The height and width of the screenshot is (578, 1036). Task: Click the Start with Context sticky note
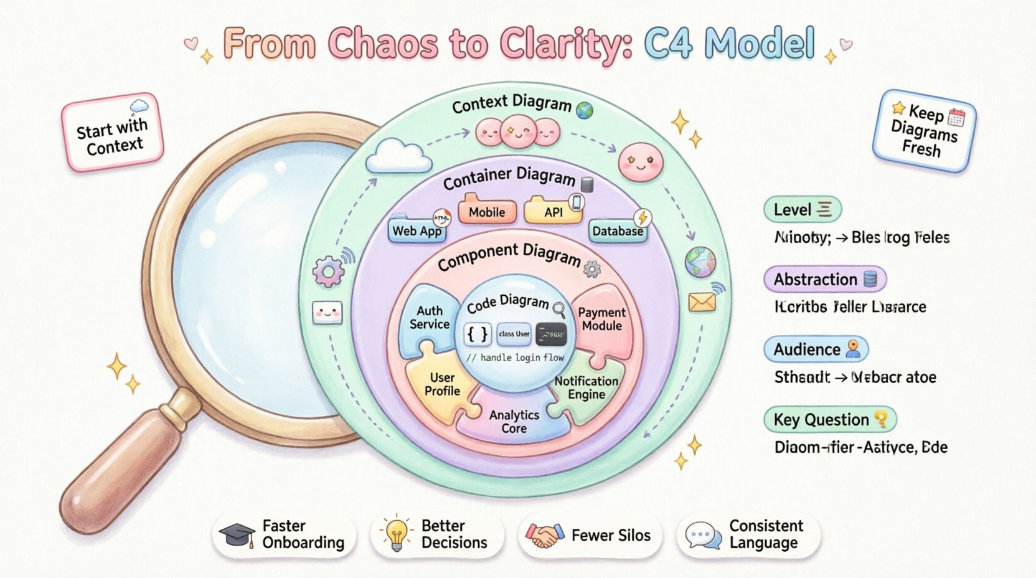(x=113, y=133)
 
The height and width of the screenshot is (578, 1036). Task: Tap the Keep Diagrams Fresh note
(x=924, y=131)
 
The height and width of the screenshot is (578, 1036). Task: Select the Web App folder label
(x=417, y=231)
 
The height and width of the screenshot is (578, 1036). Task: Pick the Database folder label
(x=617, y=231)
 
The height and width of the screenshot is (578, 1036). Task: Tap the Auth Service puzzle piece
(x=429, y=318)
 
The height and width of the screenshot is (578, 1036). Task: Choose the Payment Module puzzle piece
(x=601, y=320)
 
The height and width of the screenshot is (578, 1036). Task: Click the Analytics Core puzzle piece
(x=514, y=422)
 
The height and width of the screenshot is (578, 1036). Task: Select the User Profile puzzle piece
(x=441, y=384)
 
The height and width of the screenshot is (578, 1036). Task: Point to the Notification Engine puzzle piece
(x=586, y=388)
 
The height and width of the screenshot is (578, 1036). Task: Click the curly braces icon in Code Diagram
(x=478, y=334)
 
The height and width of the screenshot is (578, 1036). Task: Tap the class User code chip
(x=514, y=334)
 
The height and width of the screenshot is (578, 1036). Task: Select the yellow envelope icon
(x=702, y=303)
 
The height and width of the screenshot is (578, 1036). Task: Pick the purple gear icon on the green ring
(x=328, y=271)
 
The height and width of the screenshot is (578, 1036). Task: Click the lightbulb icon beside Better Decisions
(x=397, y=534)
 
